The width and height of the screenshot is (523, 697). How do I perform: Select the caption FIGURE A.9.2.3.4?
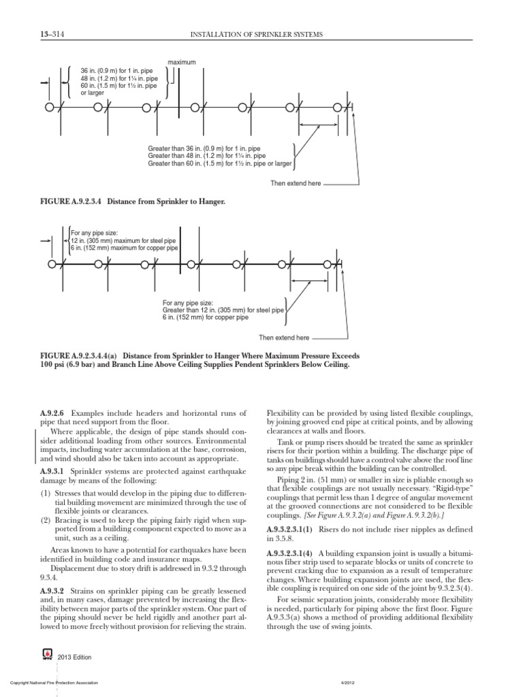pos(130,201)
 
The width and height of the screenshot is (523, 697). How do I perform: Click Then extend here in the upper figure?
pos(296,183)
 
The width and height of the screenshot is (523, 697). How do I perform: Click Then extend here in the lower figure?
pos(283,338)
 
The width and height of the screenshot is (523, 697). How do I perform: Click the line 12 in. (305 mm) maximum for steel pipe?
pos(125,241)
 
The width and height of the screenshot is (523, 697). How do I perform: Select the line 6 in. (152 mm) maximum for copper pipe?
pos(125,248)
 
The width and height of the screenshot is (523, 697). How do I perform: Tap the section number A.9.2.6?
pos(53,414)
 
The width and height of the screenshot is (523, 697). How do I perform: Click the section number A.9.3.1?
pos(53,470)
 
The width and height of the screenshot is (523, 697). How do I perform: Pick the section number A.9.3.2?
pos(53,589)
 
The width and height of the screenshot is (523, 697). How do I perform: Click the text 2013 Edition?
pos(74,658)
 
